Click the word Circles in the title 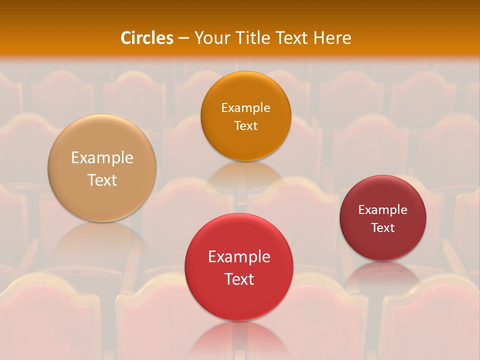tap(146, 38)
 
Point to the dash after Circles tap(183, 38)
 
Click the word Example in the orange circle tap(245, 108)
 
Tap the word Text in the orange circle tap(245, 125)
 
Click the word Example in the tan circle tap(102, 158)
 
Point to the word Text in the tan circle tap(102, 180)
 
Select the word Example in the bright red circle tap(239, 257)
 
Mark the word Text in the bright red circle tap(239, 279)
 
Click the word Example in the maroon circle tap(382, 210)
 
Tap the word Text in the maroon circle tap(382, 228)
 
